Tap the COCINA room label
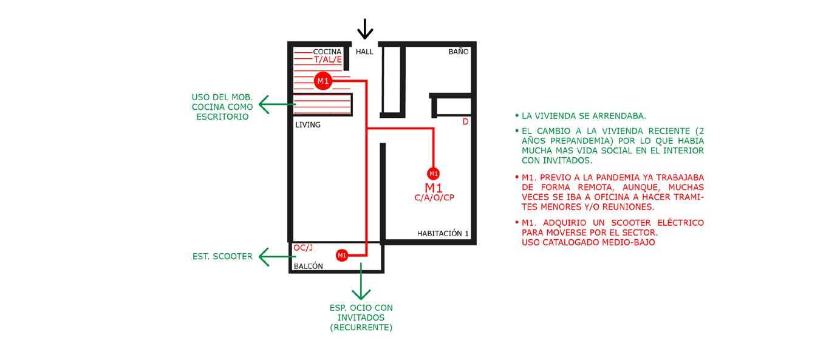coord(327,52)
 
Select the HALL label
coord(364,52)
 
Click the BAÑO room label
coord(459,52)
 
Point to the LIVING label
coord(308,124)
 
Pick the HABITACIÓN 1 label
coord(443,233)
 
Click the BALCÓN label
coord(309,267)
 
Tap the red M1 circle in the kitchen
coord(323,81)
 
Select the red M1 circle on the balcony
coord(342,256)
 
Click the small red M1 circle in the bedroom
coord(433,172)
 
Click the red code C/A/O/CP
coord(434,198)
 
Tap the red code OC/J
coord(302,248)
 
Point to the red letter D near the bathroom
coord(466,122)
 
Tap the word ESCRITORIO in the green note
coord(222,117)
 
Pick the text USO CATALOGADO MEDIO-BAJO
coord(588,243)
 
